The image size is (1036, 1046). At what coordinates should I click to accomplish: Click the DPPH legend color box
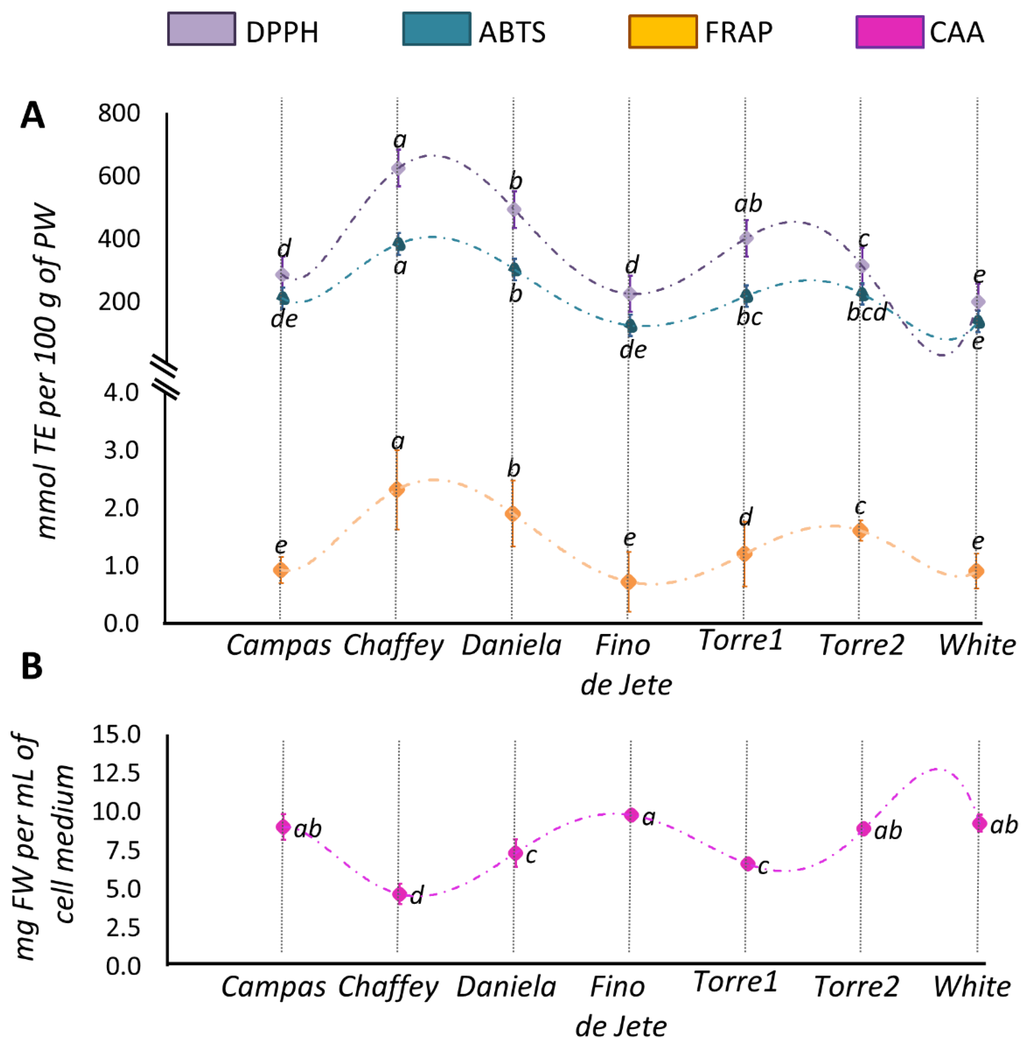[201, 29]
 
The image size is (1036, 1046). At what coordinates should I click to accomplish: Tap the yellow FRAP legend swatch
[662, 31]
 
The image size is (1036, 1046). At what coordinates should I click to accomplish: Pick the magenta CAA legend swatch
[889, 31]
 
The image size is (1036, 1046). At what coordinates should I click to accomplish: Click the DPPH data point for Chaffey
[398, 168]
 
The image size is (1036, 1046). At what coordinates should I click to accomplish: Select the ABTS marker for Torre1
[747, 296]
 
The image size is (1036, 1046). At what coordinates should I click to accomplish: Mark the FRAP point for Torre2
[860, 531]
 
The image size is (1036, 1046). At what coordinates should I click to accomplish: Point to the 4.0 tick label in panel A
[122, 392]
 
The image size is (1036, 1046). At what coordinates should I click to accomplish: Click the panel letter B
[32, 667]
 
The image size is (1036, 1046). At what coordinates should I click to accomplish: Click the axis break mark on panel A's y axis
[165, 376]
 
